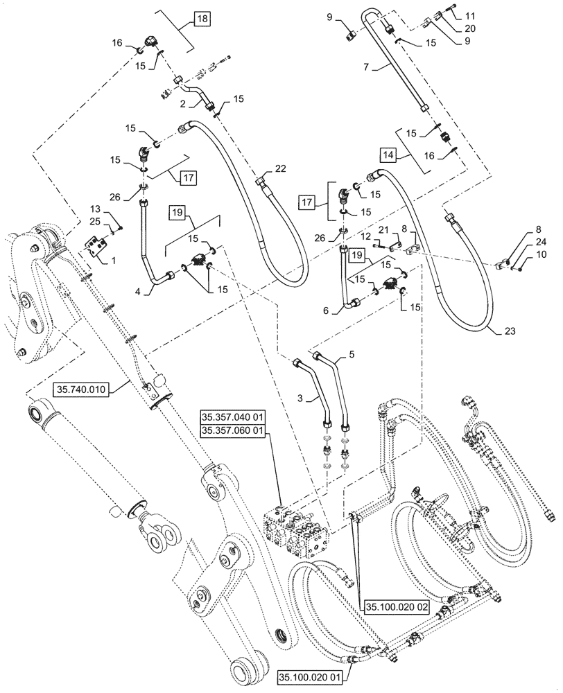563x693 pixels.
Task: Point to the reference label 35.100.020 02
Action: [396, 606]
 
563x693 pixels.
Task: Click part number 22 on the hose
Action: [279, 168]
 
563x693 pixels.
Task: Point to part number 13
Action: [95, 209]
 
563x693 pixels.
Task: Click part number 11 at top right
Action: [471, 15]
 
